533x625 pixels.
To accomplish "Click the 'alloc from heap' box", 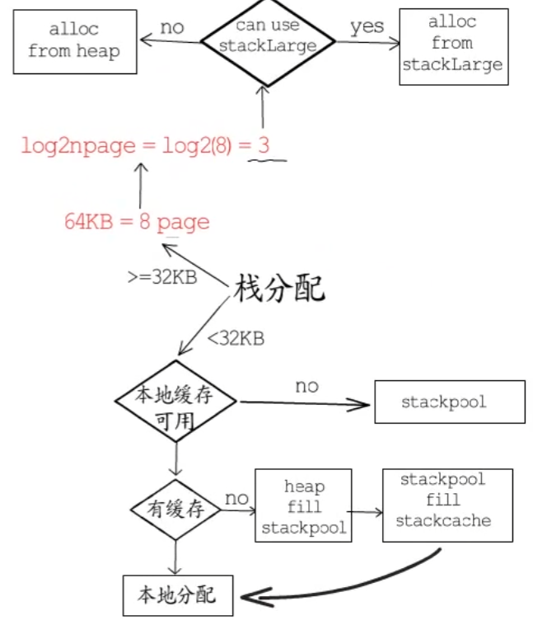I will pos(74,40).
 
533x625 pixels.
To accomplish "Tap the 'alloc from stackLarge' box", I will pos(454,46).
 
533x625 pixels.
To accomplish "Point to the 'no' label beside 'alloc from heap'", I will pos(171,27).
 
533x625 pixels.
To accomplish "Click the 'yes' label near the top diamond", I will pos(367,26).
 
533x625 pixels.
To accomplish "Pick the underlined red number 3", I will pos(264,147).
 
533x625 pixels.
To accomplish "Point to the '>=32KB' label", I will pos(161,277).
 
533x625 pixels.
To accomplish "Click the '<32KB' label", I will pos(236,337).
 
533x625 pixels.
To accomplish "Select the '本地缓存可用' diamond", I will pos(175,403).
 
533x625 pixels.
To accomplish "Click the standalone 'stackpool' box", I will pos(449,402).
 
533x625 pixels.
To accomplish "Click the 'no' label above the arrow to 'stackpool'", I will pos(306,386).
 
